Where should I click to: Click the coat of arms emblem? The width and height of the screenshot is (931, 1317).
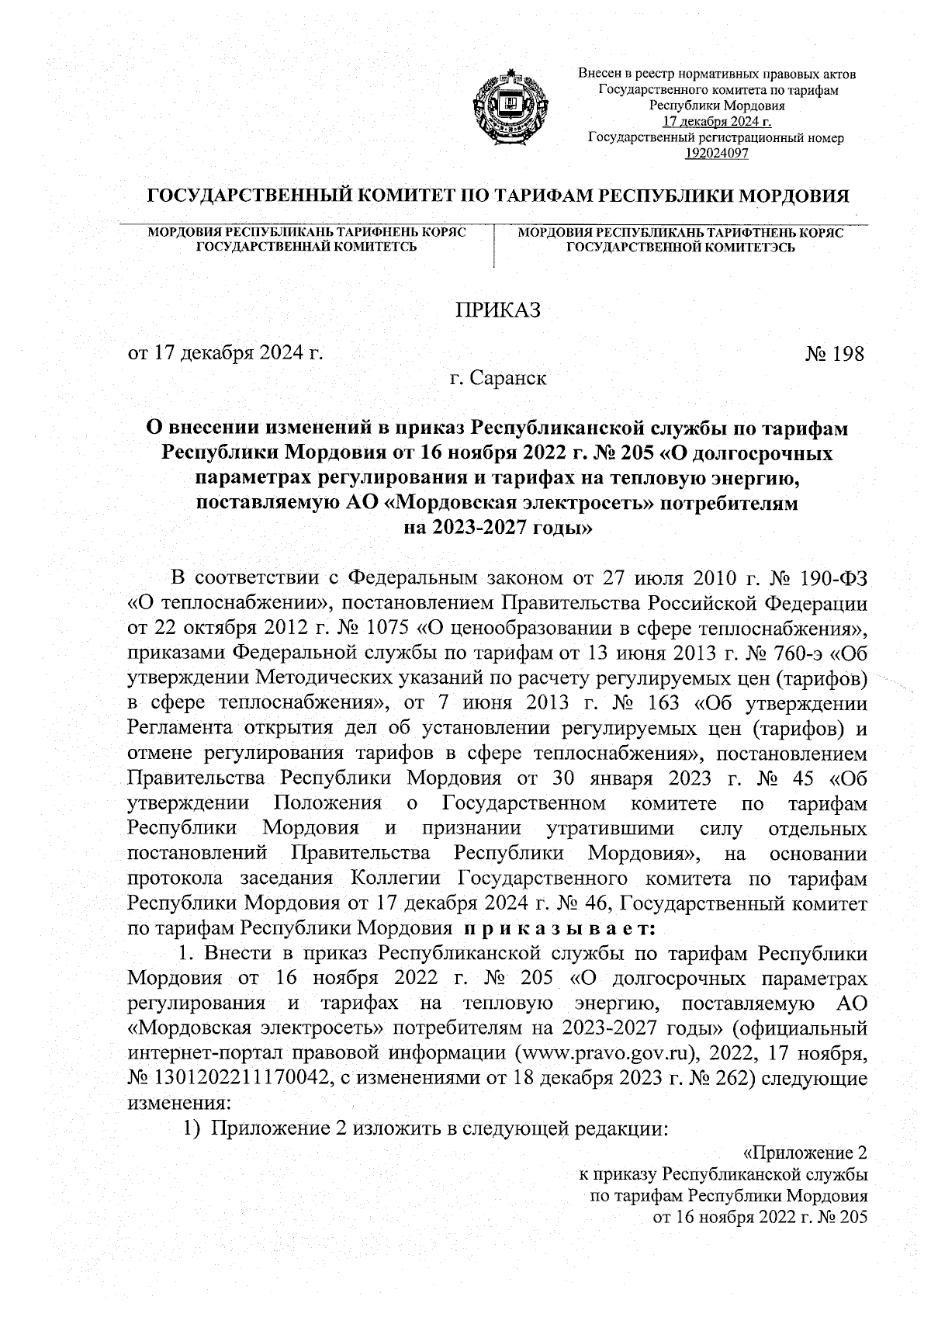[x=507, y=108]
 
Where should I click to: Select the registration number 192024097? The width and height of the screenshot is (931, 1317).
[x=716, y=153]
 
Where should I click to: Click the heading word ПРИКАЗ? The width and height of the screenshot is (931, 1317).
[x=497, y=310]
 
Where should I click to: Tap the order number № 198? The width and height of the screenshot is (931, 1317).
[x=834, y=354]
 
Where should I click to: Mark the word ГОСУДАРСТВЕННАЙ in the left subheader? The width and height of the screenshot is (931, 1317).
[x=261, y=248]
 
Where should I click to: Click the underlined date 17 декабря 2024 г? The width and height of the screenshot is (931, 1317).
[x=716, y=123]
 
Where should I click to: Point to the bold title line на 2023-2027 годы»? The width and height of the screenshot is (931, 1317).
[x=497, y=529]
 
